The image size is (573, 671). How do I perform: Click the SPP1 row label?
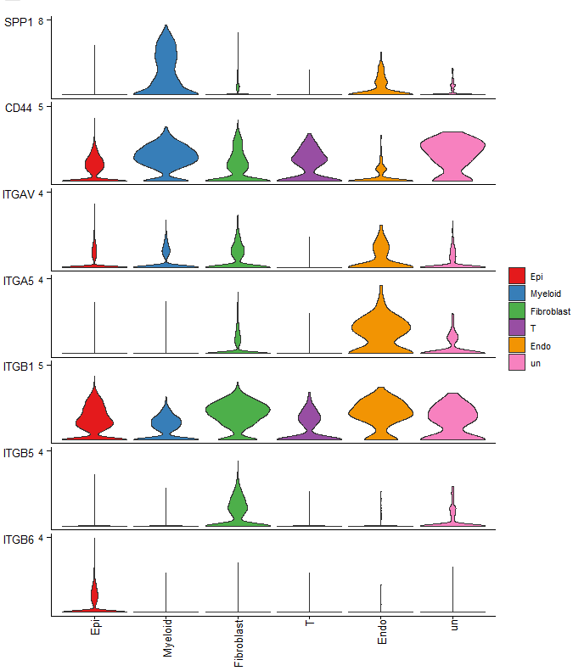click(18, 22)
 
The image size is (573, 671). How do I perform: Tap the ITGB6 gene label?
click(19, 540)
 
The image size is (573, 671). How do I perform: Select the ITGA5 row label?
click(19, 281)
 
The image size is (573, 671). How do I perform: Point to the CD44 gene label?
click(18, 109)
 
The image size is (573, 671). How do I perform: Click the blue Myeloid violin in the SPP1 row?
click(166, 68)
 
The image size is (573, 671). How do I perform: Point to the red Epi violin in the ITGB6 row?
click(94, 594)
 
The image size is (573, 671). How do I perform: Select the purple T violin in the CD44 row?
click(309, 161)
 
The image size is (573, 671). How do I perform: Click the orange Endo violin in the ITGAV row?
click(380, 250)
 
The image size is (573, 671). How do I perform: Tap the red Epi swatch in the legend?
click(516, 276)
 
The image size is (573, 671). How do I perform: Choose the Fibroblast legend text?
click(550, 311)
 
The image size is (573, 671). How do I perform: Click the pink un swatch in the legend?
click(516, 363)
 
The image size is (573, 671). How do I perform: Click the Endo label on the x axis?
click(381, 632)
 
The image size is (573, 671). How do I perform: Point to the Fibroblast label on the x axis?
click(239, 643)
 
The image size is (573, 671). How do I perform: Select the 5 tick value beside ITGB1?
click(42, 365)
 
